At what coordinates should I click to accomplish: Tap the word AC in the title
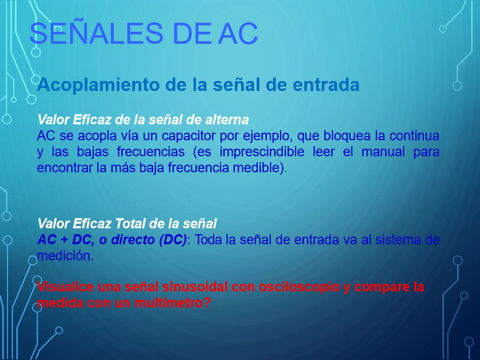point(238,33)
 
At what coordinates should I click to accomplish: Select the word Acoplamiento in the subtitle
point(98,85)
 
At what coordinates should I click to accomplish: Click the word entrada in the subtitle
point(326,84)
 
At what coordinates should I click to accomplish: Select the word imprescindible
point(262,152)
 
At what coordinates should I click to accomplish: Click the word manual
point(383,152)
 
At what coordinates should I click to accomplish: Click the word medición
point(65,255)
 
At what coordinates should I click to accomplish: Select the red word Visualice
point(65,287)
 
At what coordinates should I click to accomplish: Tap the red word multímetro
point(172,303)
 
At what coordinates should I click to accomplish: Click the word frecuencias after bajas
point(150,152)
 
